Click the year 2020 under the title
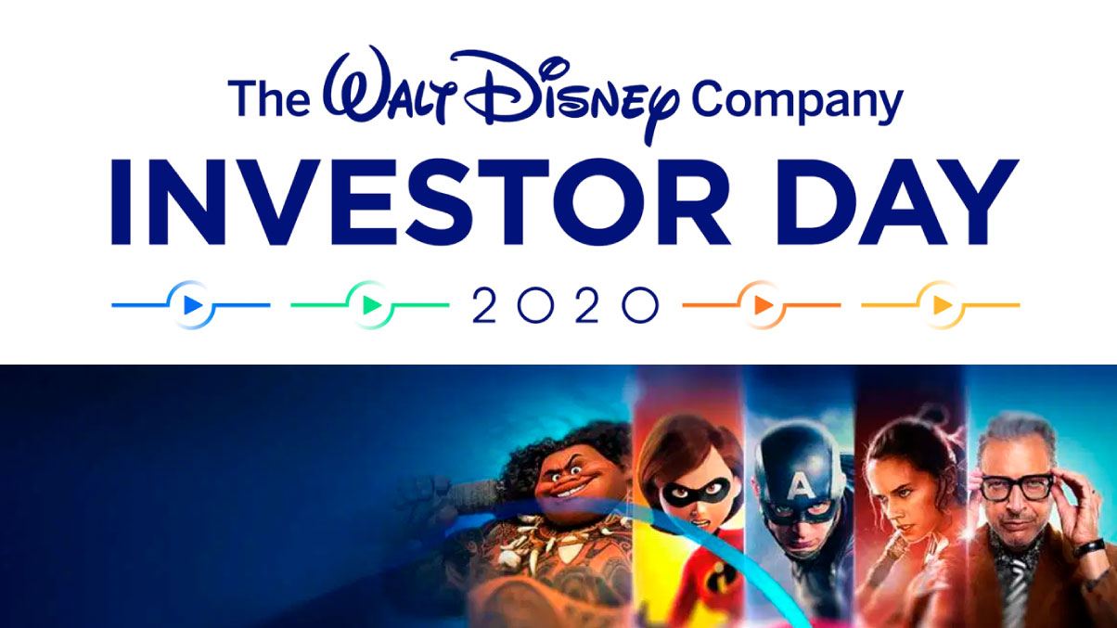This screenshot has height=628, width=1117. pyautogui.click(x=565, y=304)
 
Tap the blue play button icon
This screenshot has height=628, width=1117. pyautogui.click(x=191, y=304)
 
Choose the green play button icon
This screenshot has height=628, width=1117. pyautogui.click(x=371, y=304)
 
